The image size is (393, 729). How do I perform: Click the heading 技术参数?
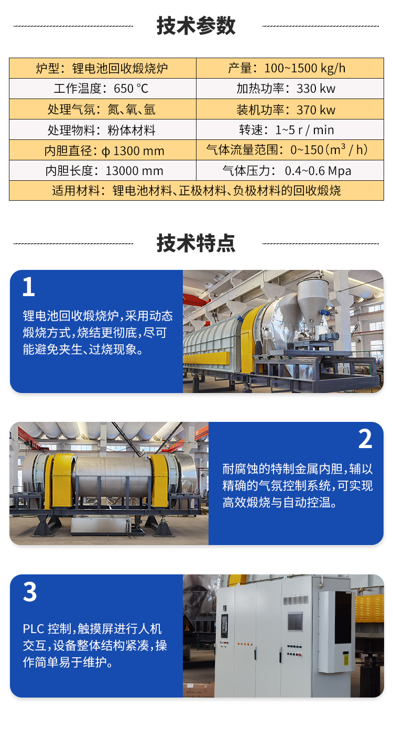pos(196,25)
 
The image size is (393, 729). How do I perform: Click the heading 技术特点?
pos(196,243)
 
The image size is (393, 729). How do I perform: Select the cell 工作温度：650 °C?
pos(103,89)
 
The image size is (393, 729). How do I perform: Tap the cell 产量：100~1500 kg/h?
pos(290,68)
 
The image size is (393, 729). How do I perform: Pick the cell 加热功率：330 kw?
pos(290,89)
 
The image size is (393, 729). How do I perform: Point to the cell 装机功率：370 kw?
pos(290,109)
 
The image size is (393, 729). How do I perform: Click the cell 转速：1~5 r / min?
pos(290,129)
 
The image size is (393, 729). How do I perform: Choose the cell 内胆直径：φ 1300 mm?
pos(103,150)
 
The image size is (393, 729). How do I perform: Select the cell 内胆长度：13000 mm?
pos(103,170)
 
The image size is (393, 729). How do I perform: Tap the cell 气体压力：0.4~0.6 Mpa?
pos(290,170)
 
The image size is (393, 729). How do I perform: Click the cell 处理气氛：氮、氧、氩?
pos(103,109)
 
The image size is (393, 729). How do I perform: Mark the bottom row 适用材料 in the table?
pos(196,190)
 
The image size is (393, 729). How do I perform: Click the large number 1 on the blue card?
pos(29,286)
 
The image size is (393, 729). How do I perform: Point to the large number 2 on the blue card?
pos(365,438)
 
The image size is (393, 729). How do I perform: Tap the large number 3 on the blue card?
pos(29,591)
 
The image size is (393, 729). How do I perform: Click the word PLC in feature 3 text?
pos(34,628)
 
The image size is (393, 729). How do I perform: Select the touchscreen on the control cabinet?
pos(296,621)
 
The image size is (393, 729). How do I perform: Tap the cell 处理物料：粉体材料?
pos(103,129)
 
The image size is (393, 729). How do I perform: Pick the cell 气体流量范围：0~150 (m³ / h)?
pos(290,150)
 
